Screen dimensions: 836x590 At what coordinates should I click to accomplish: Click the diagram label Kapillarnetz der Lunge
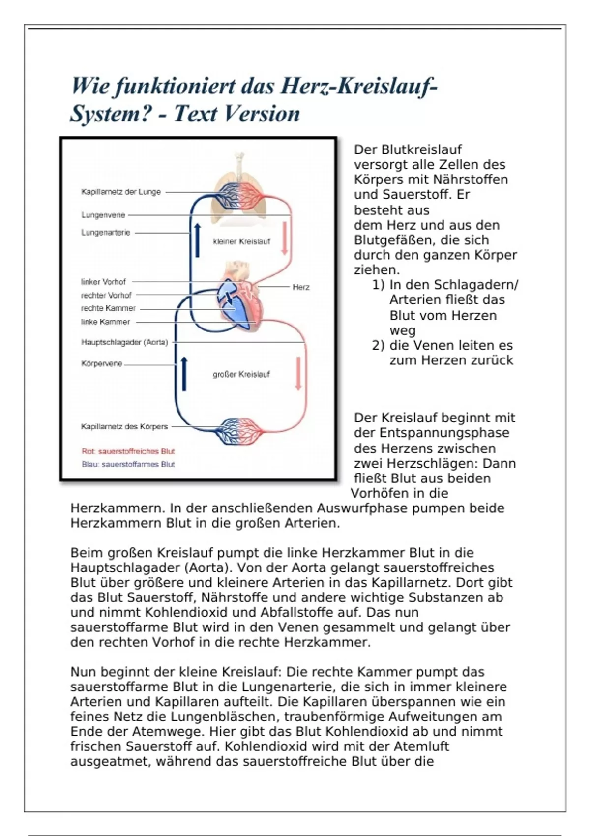(x=121, y=192)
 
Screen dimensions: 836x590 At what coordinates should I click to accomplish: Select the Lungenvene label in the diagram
(x=103, y=215)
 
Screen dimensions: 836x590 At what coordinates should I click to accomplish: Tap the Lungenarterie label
(x=106, y=233)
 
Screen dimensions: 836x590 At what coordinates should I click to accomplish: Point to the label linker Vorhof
(x=103, y=282)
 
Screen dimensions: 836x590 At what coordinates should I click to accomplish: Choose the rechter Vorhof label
(x=106, y=295)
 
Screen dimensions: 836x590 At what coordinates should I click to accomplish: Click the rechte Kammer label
(x=108, y=308)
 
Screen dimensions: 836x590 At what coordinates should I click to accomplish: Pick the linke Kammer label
(x=106, y=322)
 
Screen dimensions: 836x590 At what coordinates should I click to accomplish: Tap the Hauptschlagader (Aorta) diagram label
(x=124, y=342)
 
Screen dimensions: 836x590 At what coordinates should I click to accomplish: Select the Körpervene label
(x=102, y=364)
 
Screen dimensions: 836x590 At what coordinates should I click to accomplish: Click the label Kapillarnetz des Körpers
(x=124, y=426)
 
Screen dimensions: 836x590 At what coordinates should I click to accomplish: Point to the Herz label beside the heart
(x=301, y=287)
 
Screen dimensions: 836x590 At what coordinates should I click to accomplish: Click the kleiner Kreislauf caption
(x=241, y=241)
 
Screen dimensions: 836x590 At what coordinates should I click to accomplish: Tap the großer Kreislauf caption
(x=241, y=374)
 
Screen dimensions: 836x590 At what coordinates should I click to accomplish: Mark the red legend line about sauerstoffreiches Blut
(x=128, y=451)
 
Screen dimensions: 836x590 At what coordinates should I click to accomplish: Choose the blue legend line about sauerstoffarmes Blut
(x=128, y=464)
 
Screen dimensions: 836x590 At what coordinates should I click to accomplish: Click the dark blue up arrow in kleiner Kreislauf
(x=198, y=239)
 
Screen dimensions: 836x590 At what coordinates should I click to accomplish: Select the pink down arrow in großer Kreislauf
(x=298, y=374)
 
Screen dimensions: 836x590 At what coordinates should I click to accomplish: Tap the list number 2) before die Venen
(x=378, y=345)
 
